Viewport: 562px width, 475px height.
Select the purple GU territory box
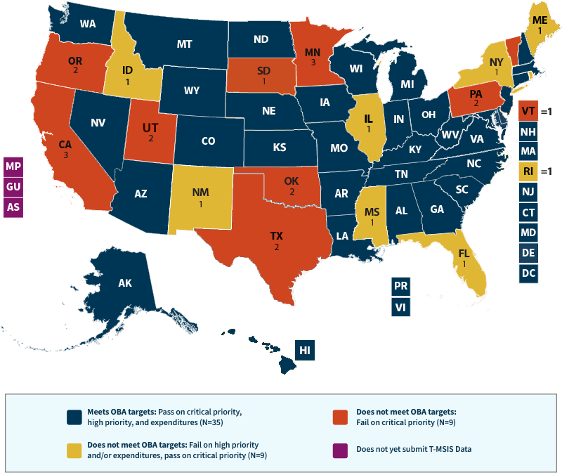(13, 186)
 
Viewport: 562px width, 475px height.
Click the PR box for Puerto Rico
(401, 287)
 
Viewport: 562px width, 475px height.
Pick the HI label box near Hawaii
(304, 350)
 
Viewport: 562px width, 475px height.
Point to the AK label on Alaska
(125, 283)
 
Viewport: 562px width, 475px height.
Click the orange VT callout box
(528, 110)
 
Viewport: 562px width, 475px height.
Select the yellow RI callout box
(528, 171)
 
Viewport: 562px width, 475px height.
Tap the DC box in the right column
(528, 273)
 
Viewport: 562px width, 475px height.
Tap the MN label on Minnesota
(308, 51)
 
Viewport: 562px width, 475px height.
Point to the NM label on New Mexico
(200, 192)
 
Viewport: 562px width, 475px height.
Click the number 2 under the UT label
(150, 139)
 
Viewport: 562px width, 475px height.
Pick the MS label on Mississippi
(370, 210)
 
